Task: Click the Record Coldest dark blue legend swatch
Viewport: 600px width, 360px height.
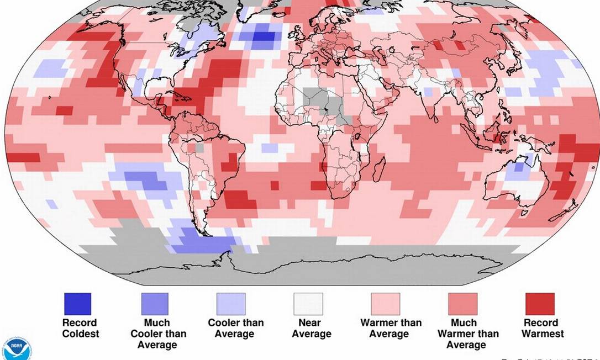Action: click(x=77, y=304)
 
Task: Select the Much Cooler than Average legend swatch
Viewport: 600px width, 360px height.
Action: click(x=155, y=304)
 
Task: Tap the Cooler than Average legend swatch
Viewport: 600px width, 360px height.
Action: click(x=231, y=304)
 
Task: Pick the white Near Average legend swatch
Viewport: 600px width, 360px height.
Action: click(x=308, y=304)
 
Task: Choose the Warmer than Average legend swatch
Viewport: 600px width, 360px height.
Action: click(x=385, y=304)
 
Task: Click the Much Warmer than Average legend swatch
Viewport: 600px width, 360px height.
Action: click(x=462, y=304)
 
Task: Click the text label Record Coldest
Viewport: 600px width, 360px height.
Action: click(x=80, y=328)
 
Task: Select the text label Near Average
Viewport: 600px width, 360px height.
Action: click(x=312, y=328)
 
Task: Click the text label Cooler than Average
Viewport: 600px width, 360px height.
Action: click(x=236, y=328)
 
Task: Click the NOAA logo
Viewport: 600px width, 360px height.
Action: click(x=17, y=348)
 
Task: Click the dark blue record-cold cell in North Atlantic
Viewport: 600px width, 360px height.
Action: click(x=264, y=37)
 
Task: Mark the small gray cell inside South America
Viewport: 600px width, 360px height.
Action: click(x=199, y=148)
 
